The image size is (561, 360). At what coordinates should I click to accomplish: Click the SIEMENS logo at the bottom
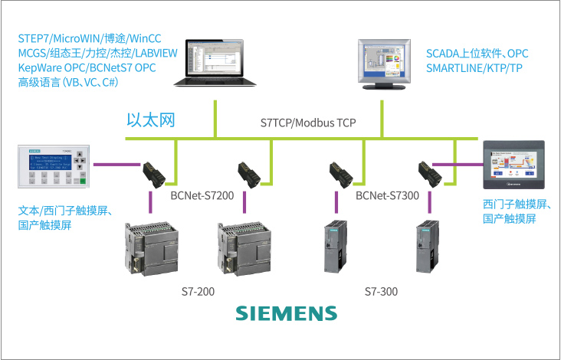285,313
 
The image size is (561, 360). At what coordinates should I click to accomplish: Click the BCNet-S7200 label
202,196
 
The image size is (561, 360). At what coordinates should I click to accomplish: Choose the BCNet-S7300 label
387,196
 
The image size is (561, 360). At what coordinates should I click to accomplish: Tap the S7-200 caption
197,292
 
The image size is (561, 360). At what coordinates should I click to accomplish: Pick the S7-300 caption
381,292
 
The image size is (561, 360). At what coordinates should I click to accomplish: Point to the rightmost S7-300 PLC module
426,247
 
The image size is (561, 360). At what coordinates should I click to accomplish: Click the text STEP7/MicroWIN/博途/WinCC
97,38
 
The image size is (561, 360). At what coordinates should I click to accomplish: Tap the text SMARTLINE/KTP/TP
474,67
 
